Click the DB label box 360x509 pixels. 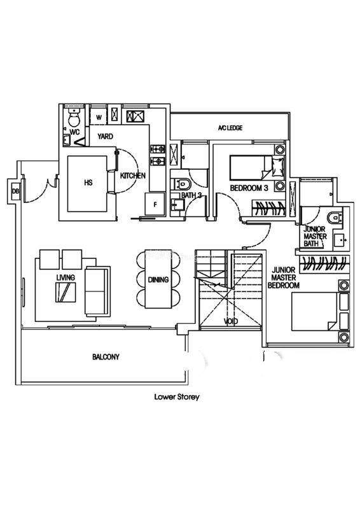[x=15, y=192]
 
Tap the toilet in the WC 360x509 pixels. [x=74, y=118]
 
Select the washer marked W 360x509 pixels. [x=99, y=117]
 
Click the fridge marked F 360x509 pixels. [x=155, y=204]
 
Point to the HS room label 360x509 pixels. [x=88, y=183]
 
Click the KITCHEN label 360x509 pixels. [x=133, y=176]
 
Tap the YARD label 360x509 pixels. [x=105, y=136]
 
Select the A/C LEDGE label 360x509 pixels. [x=230, y=128]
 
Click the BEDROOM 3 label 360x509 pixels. [x=249, y=188]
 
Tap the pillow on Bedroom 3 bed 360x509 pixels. [x=277, y=165]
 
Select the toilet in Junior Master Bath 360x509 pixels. [x=335, y=218]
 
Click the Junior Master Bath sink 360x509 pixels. [x=340, y=241]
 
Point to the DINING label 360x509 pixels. [x=158, y=279]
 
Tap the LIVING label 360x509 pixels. [x=66, y=277]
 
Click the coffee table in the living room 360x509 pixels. [x=66, y=293]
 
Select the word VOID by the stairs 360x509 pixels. [x=230, y=321]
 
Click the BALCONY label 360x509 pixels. [x=106, y=357]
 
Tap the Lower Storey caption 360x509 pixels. [x=177, y=396]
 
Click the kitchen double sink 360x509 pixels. [x=135, y=116]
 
